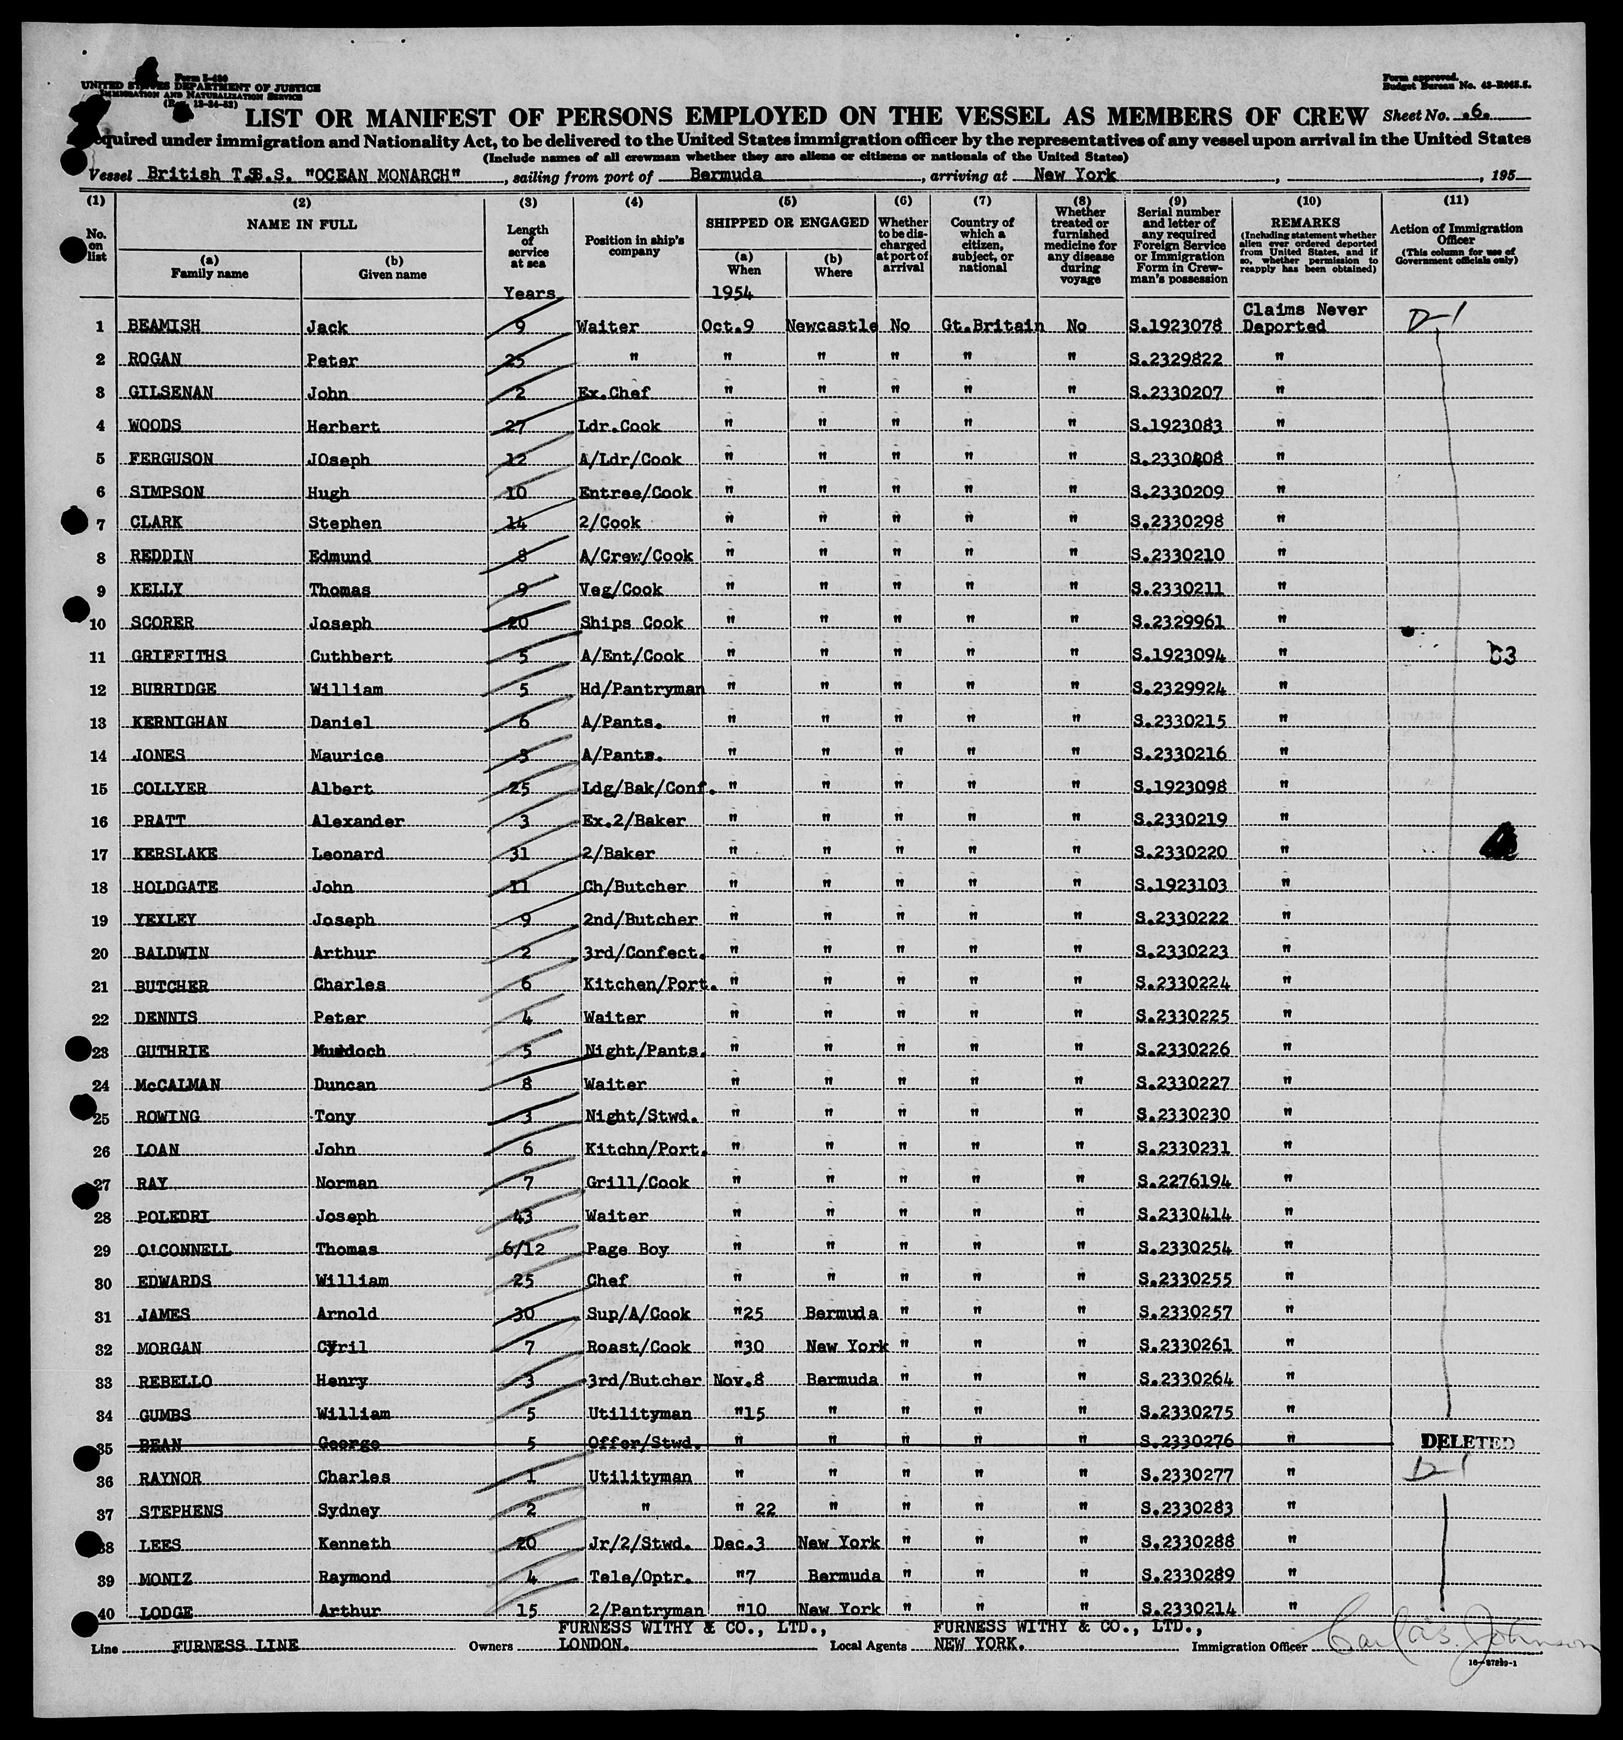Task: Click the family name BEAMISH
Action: coord(165,326)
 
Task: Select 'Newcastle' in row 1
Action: coord(832,326)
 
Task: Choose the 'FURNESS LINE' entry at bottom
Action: coord(234,1645)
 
